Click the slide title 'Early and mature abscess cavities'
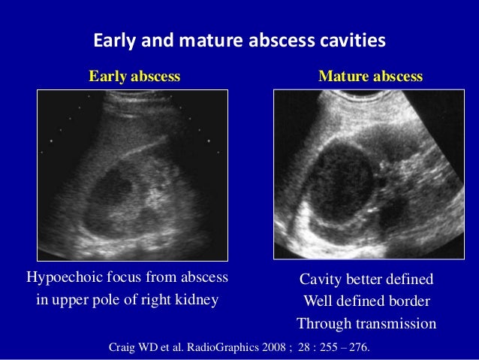[x=239, y=39]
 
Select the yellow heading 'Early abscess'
[x=134, y=77]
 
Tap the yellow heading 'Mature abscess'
[x=370, y=77]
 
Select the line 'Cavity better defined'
[x=366, y=280]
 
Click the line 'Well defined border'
[x=366, y=301]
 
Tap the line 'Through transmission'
[x=366, y=324]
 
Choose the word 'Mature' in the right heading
[x=342, y=77]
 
